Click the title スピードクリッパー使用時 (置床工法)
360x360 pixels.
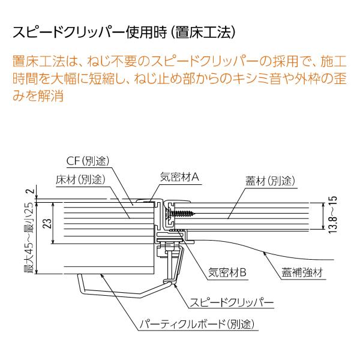coord(124,32)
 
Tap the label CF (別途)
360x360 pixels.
coord(88,161)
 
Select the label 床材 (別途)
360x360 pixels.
coord(80,179)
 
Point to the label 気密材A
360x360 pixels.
coord(179,177)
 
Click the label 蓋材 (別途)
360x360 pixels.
coord(270,181)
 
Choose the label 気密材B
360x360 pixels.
coord(227,272)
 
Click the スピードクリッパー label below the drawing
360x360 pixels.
coord(232,302)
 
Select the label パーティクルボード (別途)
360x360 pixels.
coord(197,324)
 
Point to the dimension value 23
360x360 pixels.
coord(47,223)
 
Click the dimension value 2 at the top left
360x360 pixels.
coord(31,191)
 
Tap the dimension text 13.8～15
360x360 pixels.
coord(333,215)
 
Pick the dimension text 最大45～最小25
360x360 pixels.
coord(31,238)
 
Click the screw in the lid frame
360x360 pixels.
coord(181,214)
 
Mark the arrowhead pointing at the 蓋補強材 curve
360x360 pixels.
coord(265,253)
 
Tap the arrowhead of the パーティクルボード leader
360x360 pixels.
coord(102,275)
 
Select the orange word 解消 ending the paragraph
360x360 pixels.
coord(51,95)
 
